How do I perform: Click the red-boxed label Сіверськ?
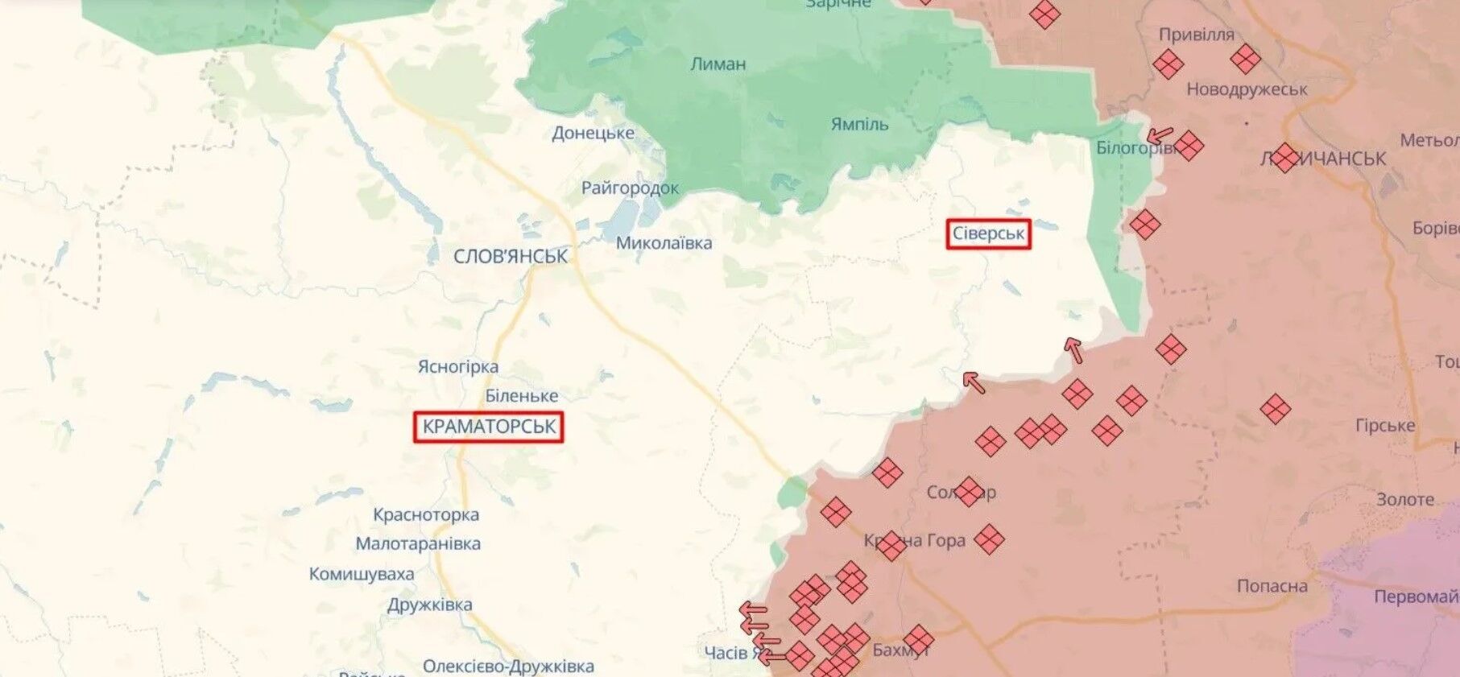tap(988, 234)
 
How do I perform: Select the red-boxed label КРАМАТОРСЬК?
tap(489, 427)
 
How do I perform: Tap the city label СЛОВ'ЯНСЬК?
tap(511, 257)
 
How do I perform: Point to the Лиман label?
tap(718, 64)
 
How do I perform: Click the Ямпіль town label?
tap(859, 124)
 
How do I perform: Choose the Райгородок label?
tap(630, 188)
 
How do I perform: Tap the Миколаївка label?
tap(664, 243)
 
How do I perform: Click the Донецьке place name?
tap(593, 133)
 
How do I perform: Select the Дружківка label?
tap(429, 605)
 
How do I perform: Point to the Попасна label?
tap(1272, 586)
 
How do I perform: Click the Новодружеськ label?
tap(1247, 89)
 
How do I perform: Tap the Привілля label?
tap(1196, 35)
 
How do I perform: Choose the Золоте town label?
tap(1404, 500)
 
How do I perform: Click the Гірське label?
tap(1384, 426)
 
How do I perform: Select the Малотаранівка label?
tap(418, 543)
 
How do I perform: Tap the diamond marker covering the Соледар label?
tap(969, 491)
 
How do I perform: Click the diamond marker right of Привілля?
tap(1245, 59)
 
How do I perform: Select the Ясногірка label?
tap(457, 367)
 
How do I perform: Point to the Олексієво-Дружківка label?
tap(508, 667)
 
